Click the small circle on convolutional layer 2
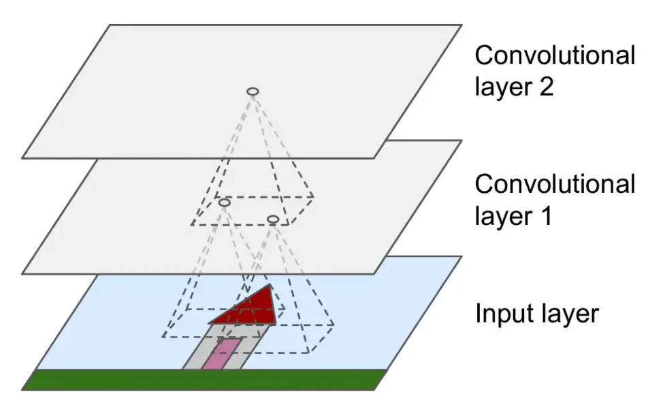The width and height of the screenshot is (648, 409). [x=252, y=91]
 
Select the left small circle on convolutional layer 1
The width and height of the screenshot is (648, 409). [x=225, y=202]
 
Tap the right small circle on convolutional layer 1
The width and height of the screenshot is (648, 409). [x=272, y=219]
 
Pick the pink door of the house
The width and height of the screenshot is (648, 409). [x=225, y=355]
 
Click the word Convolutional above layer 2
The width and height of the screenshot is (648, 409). [x=555, y=56]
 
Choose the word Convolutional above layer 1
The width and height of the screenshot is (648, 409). [x=555, y=185]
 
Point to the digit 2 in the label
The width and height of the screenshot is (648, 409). [x=545, y=87]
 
